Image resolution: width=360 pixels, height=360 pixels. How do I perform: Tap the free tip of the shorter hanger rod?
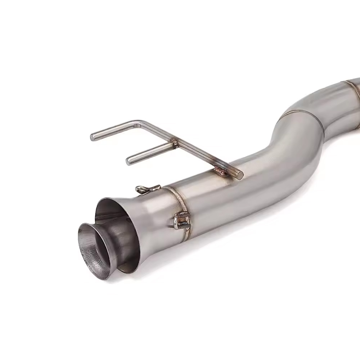pos(129,161)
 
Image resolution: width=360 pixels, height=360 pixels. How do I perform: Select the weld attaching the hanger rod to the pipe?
pos(220,171)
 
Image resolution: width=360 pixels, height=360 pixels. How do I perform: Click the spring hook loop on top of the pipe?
pos(143,189)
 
